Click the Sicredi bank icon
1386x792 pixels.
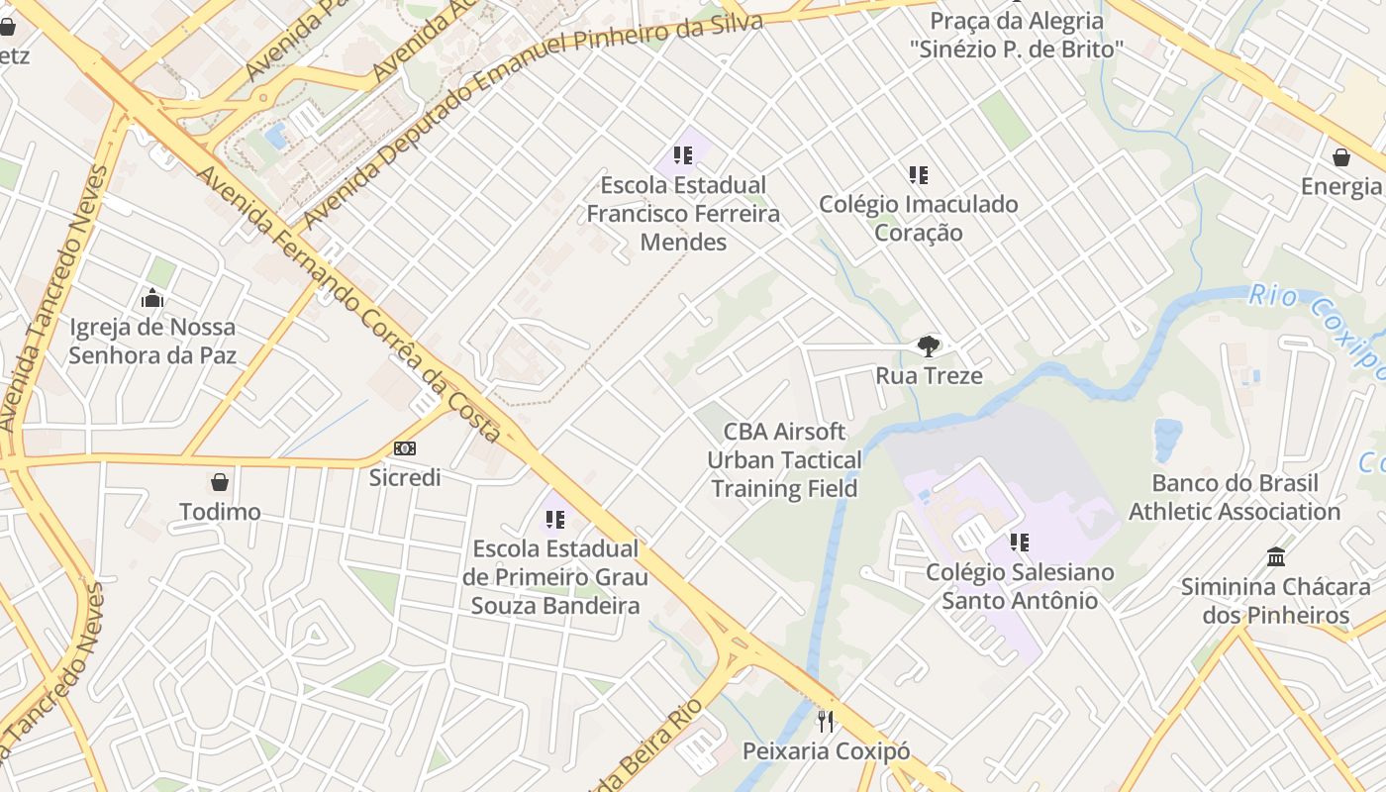tap(404, 448)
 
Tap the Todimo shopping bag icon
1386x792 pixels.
tap(220, 482)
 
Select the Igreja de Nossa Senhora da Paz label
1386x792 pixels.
tap(152, 341)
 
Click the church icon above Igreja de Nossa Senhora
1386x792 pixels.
tap(152, 297)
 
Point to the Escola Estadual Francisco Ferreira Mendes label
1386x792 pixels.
tap(683, 213)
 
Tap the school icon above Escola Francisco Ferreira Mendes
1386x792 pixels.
tap(683, 155)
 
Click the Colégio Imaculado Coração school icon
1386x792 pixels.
tap(919, 175)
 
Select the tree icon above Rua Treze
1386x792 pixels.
tap(929, 346)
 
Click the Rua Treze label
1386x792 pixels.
tap(929, 376)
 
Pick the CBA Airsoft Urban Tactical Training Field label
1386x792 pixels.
tap(784, 459)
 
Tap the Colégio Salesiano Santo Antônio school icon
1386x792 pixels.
tap(1020, 543)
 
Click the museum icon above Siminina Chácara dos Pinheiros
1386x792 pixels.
tap(1276, 556)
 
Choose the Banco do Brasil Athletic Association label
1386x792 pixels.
tap(1235, 497)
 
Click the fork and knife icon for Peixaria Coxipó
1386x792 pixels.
tap(826, 720)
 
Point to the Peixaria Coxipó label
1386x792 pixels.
tap(826, 750)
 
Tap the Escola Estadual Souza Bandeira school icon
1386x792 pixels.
tap(555, 519)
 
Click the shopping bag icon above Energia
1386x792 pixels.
tap(1341, 157)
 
